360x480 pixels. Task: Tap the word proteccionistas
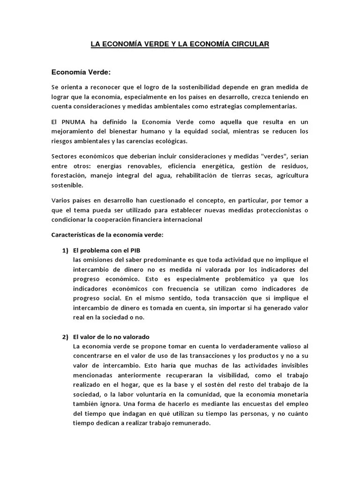(x=273, y=210)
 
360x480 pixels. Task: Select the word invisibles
(x=291, y=366)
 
